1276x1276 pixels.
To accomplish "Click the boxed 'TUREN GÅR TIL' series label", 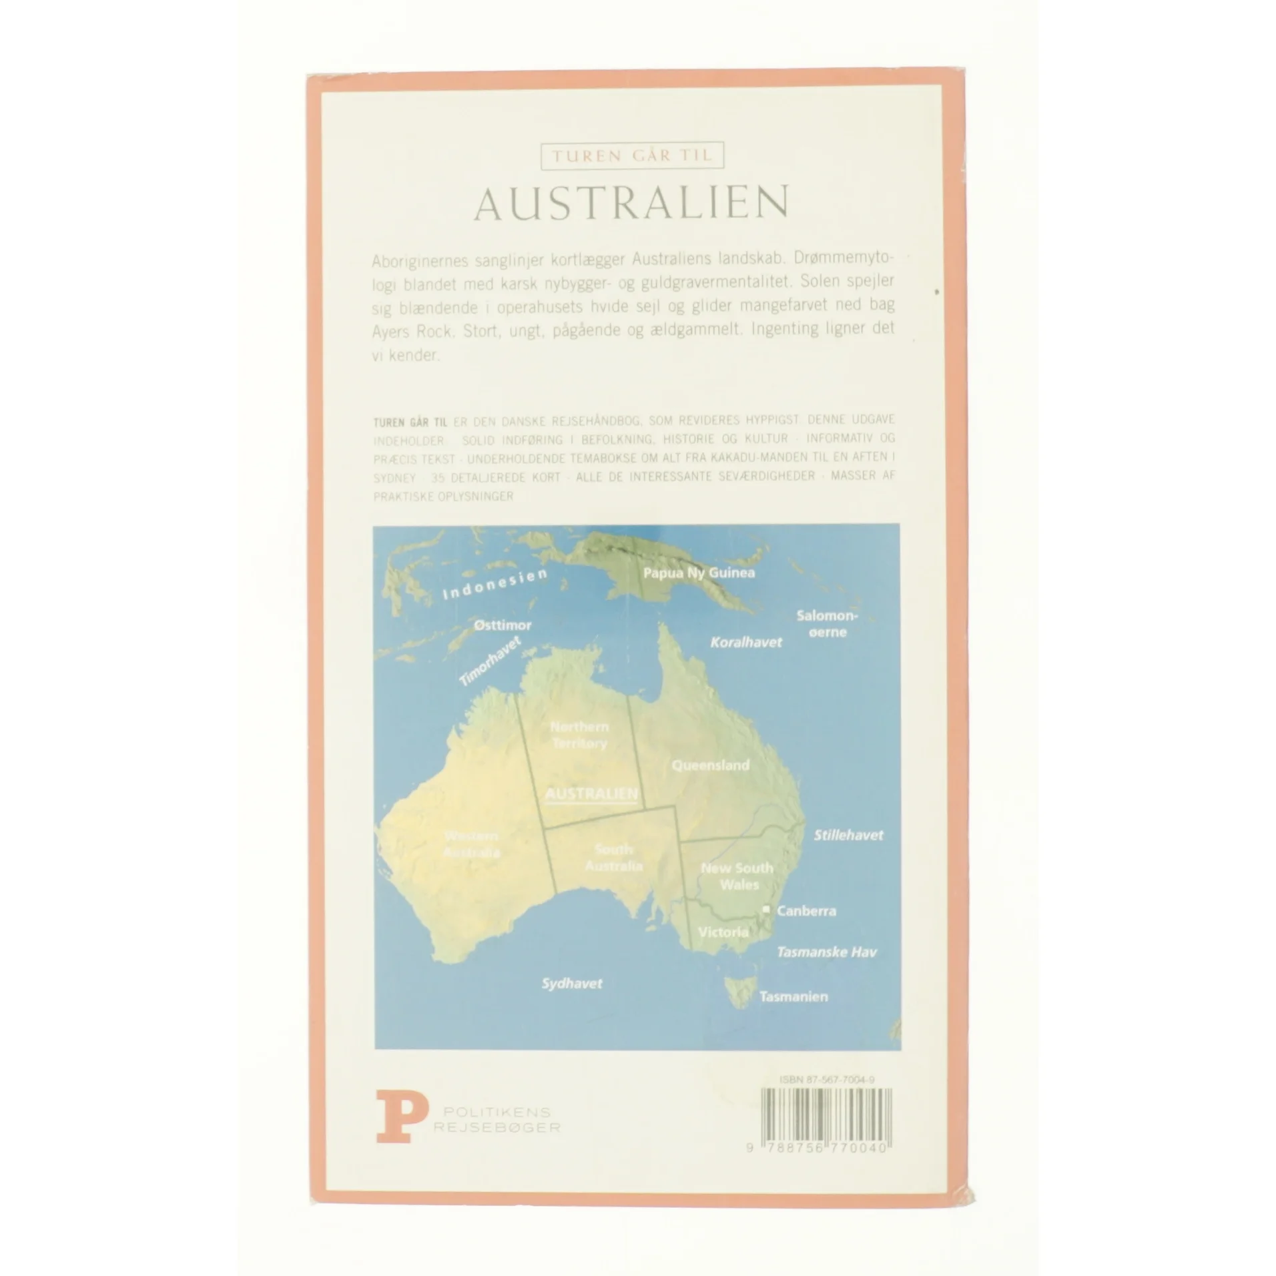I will (x=631, y=156).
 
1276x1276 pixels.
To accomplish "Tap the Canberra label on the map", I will (x=806, y=910).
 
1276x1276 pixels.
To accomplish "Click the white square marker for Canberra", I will (x=766, y=909).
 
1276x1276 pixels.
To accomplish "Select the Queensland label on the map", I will (x=710, y=765).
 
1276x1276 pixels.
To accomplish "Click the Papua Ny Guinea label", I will (x=699, y=573).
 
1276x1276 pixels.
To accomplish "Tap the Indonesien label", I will (x=495, y=584).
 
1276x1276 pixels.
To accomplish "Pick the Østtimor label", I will (x=503, y=625).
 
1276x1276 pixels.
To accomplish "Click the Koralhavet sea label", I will (x=745, y=642).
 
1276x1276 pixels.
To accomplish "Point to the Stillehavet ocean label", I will (x=848, y=835).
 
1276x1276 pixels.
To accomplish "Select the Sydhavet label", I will (x=572, y=983).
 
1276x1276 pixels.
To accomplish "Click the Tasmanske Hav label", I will (x=826, y=952).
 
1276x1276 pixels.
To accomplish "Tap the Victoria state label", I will (x=723, y=932).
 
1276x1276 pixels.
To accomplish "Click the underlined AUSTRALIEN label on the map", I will (x=591, y=795).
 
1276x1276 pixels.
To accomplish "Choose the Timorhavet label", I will (x=490, y=661).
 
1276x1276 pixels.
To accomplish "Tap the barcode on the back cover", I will (x=826, y=1114).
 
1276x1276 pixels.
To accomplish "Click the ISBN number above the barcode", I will (x=827, y=1080).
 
